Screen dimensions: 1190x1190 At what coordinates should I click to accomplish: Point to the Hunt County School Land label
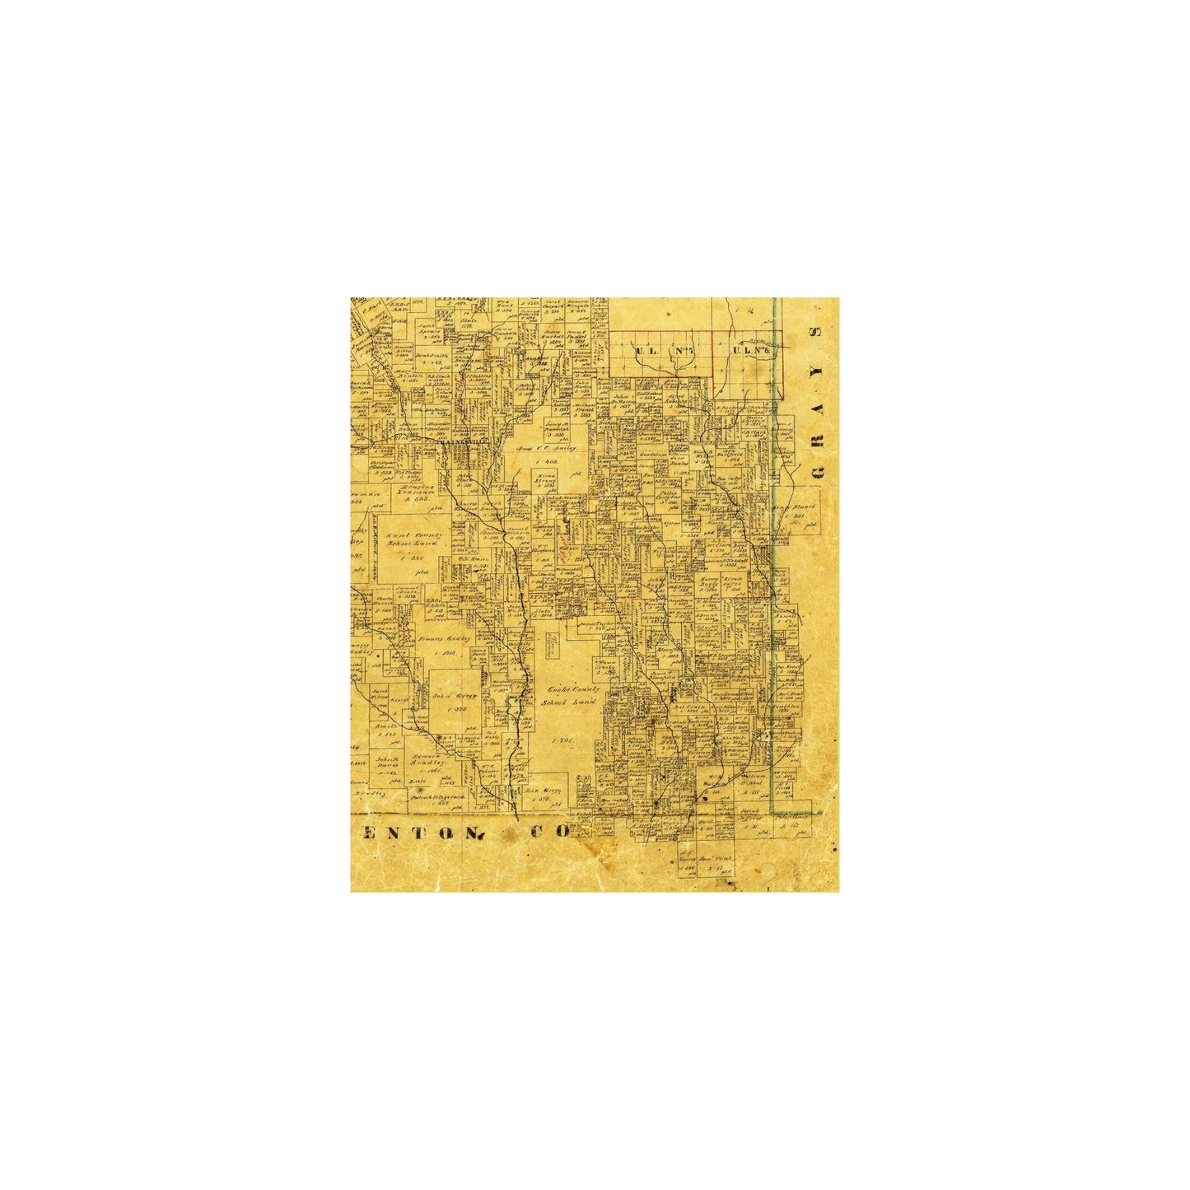pos(421,539)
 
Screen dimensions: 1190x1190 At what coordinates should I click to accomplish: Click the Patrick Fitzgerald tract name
pos(437,797)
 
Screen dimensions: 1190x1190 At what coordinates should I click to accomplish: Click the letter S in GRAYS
pos(818,334)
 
